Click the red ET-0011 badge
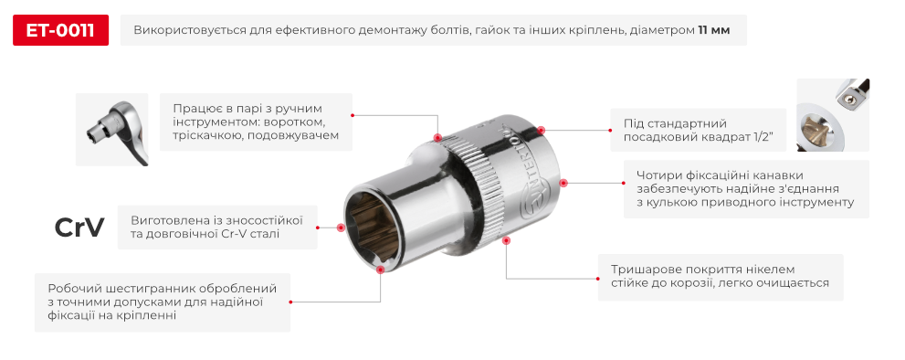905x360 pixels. (x=60, y=30)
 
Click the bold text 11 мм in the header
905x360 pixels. (x=713, y=30)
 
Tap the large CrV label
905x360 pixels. (x=79, y=228)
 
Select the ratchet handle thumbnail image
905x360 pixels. (x=111, y=129)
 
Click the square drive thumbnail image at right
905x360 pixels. (x=832, y=115)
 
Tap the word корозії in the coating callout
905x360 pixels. (x=718, y=283)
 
